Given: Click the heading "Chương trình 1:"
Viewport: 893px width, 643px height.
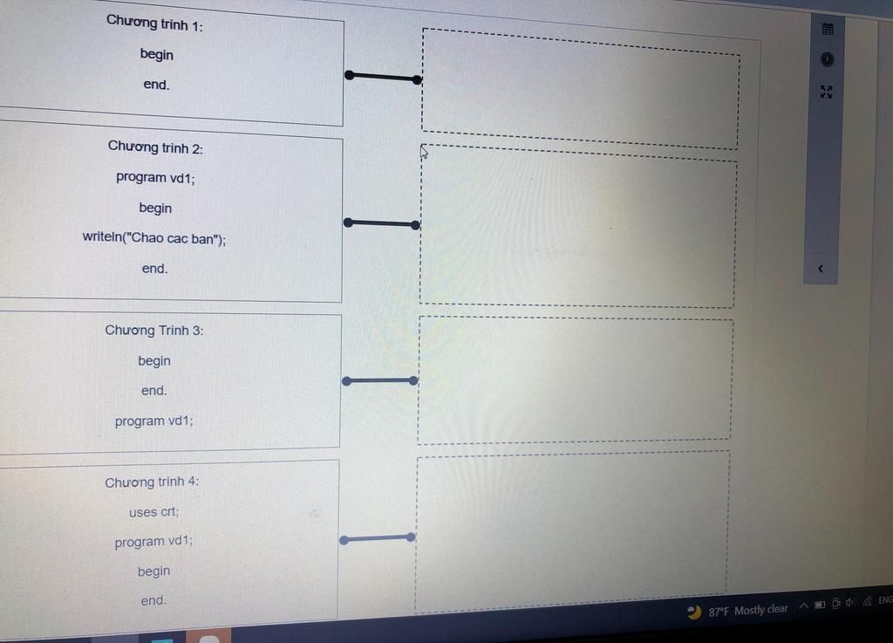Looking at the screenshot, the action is (x=154, y=24).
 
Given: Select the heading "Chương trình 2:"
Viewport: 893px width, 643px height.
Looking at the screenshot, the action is (x=155, y=147).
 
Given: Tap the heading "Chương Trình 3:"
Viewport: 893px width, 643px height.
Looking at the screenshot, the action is (x=153, y=331).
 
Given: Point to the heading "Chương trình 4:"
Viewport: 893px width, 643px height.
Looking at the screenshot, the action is (x=152, y=482).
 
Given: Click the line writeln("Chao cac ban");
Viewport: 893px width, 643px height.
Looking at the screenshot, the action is (x=153, y=237).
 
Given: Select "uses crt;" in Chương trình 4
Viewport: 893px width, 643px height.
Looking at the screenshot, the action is (x=153, y=512).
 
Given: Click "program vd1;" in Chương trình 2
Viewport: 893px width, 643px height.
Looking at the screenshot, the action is (x=155, y=178).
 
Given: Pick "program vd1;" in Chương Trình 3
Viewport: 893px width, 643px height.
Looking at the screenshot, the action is (x=153, y=421).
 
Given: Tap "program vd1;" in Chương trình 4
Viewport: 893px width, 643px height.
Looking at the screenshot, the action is (x=153, y=541).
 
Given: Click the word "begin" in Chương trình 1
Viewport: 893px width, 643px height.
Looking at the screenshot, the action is (x=157, y=55).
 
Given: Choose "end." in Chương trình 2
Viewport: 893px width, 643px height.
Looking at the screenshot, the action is (x=155, y=268).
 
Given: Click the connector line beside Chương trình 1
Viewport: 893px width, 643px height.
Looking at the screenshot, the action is (x=384, y=78).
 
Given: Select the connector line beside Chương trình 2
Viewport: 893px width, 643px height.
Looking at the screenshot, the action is (x=382, y=224).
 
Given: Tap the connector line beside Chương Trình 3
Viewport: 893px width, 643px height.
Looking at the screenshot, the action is (x=380, y=381).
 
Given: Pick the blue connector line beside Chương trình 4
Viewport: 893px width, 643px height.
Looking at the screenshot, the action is (x=377, y=539).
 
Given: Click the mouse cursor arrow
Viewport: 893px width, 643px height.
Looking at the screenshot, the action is (x=424, y=152).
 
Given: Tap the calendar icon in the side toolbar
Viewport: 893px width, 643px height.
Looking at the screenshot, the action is (x=828, y=29).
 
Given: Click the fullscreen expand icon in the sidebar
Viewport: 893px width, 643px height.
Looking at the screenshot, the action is (x=827, y=92).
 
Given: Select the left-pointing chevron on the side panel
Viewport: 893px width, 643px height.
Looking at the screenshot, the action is (x=821, y=269).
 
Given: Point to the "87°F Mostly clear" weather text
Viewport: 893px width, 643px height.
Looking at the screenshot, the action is (x=747, y=611).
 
